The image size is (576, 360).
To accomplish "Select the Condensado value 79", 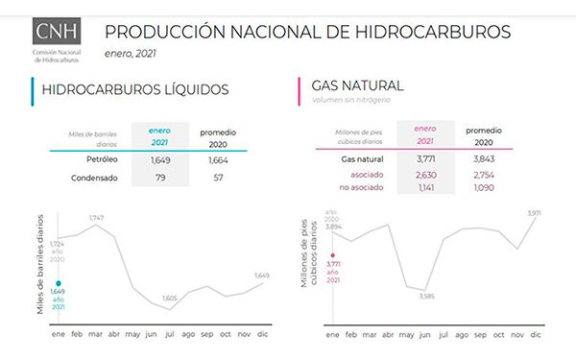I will pyautogui.click(x=160, y=179).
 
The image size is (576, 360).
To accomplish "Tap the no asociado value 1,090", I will pyautogui.click(x=481, y=187).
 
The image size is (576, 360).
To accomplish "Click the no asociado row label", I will pyautogui.click(x=361, y=187).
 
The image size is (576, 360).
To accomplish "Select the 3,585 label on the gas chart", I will pyautogui.click(x=427, y=297).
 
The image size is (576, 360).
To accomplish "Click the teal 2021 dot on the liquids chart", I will pyautogui.click(x=60, y=283).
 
